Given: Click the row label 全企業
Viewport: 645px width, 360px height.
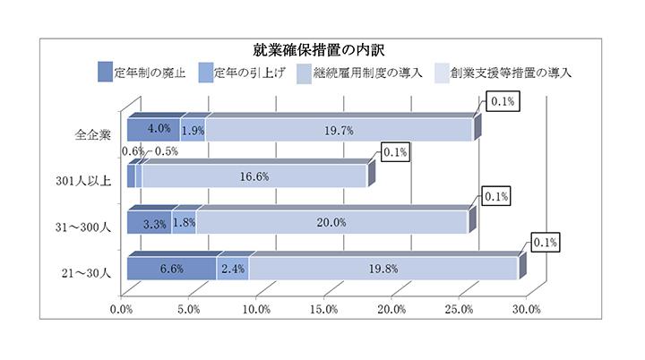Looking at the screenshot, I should [92, 134].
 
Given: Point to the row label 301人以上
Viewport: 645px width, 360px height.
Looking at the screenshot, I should [83, 180].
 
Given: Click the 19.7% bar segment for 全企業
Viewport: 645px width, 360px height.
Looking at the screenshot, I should [340, 131].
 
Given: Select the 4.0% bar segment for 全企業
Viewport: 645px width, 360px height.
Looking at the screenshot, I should [154, 131].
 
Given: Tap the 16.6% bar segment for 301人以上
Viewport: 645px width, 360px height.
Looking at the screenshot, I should [255, 176].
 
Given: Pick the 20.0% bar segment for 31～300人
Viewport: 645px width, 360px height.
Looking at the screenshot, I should [332, 223].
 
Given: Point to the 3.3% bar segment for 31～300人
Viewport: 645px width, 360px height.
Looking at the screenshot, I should [150, 223].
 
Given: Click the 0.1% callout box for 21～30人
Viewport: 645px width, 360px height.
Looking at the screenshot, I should [546, 242].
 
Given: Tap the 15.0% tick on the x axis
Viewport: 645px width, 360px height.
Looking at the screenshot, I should [323, 311].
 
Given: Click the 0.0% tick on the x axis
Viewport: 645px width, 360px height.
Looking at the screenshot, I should [122, 311].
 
